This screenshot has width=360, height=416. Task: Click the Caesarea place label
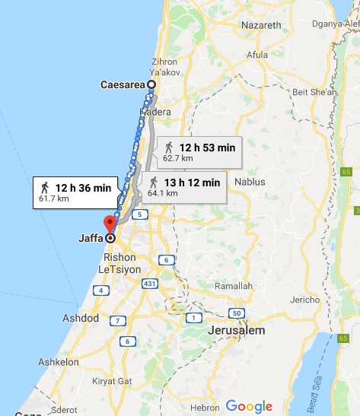[x=122, y=84]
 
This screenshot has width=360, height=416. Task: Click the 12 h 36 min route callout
[x=74, y=192]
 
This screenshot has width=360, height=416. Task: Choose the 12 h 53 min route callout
[x=197, y=152]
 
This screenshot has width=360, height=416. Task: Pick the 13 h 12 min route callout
[x=183, y=186]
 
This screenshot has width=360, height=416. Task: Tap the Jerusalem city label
[x=236, y=332]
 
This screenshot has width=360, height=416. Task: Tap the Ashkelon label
[x=59, y=363]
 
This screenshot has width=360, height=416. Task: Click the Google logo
[x=247, y=405]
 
